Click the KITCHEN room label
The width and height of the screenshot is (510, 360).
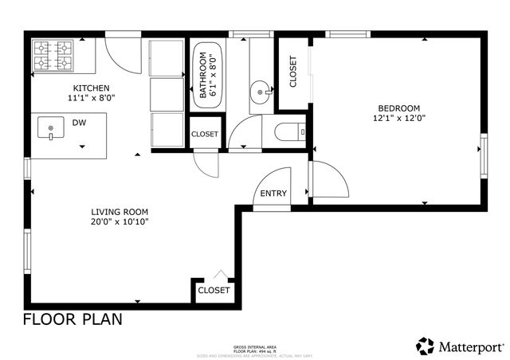pos(92,88)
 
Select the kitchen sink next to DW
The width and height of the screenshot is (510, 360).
pos(52,128)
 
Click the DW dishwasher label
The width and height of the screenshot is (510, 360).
pos(79,123)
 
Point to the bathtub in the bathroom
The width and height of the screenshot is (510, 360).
pos(207,75)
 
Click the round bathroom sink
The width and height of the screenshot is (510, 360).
pos(261,93)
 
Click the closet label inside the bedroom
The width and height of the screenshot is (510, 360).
pos(292,72)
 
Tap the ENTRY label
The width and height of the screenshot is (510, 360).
pos(273,194)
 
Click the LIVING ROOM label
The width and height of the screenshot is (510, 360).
pos(120,211)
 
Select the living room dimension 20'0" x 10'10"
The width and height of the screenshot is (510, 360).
pos(120,221)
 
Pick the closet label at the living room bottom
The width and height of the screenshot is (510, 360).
pos(214,290)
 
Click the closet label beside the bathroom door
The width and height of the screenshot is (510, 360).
pos(204,134)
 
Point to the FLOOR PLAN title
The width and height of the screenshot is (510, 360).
pos(73,319)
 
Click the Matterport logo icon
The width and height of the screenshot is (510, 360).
pos(426,346)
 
